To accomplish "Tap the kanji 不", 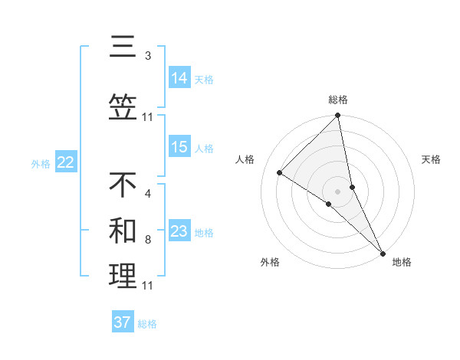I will (x=123, y=185).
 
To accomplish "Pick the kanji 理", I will (x=123, y=277).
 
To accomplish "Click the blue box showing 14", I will (x=179, y=77).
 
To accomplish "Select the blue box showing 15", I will (x=179, y=147).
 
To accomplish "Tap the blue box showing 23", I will (x=179, y=231).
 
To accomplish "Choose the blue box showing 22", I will (x=65, y=162).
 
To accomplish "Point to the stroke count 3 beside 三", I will (x=148, y=56).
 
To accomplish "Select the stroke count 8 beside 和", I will (x=148, y=239).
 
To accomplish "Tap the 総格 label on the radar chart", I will (x=338, y=100).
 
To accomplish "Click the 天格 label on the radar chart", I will (x=432, y=159).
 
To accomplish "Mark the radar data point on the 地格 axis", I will (x=383, y=251).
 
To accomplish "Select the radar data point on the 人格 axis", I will (x=280, y=172).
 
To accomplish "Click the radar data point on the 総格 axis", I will (x=338, y=116).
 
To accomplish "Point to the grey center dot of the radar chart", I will (x=338, y=191).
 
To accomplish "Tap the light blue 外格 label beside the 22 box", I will (x=41, y=163).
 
